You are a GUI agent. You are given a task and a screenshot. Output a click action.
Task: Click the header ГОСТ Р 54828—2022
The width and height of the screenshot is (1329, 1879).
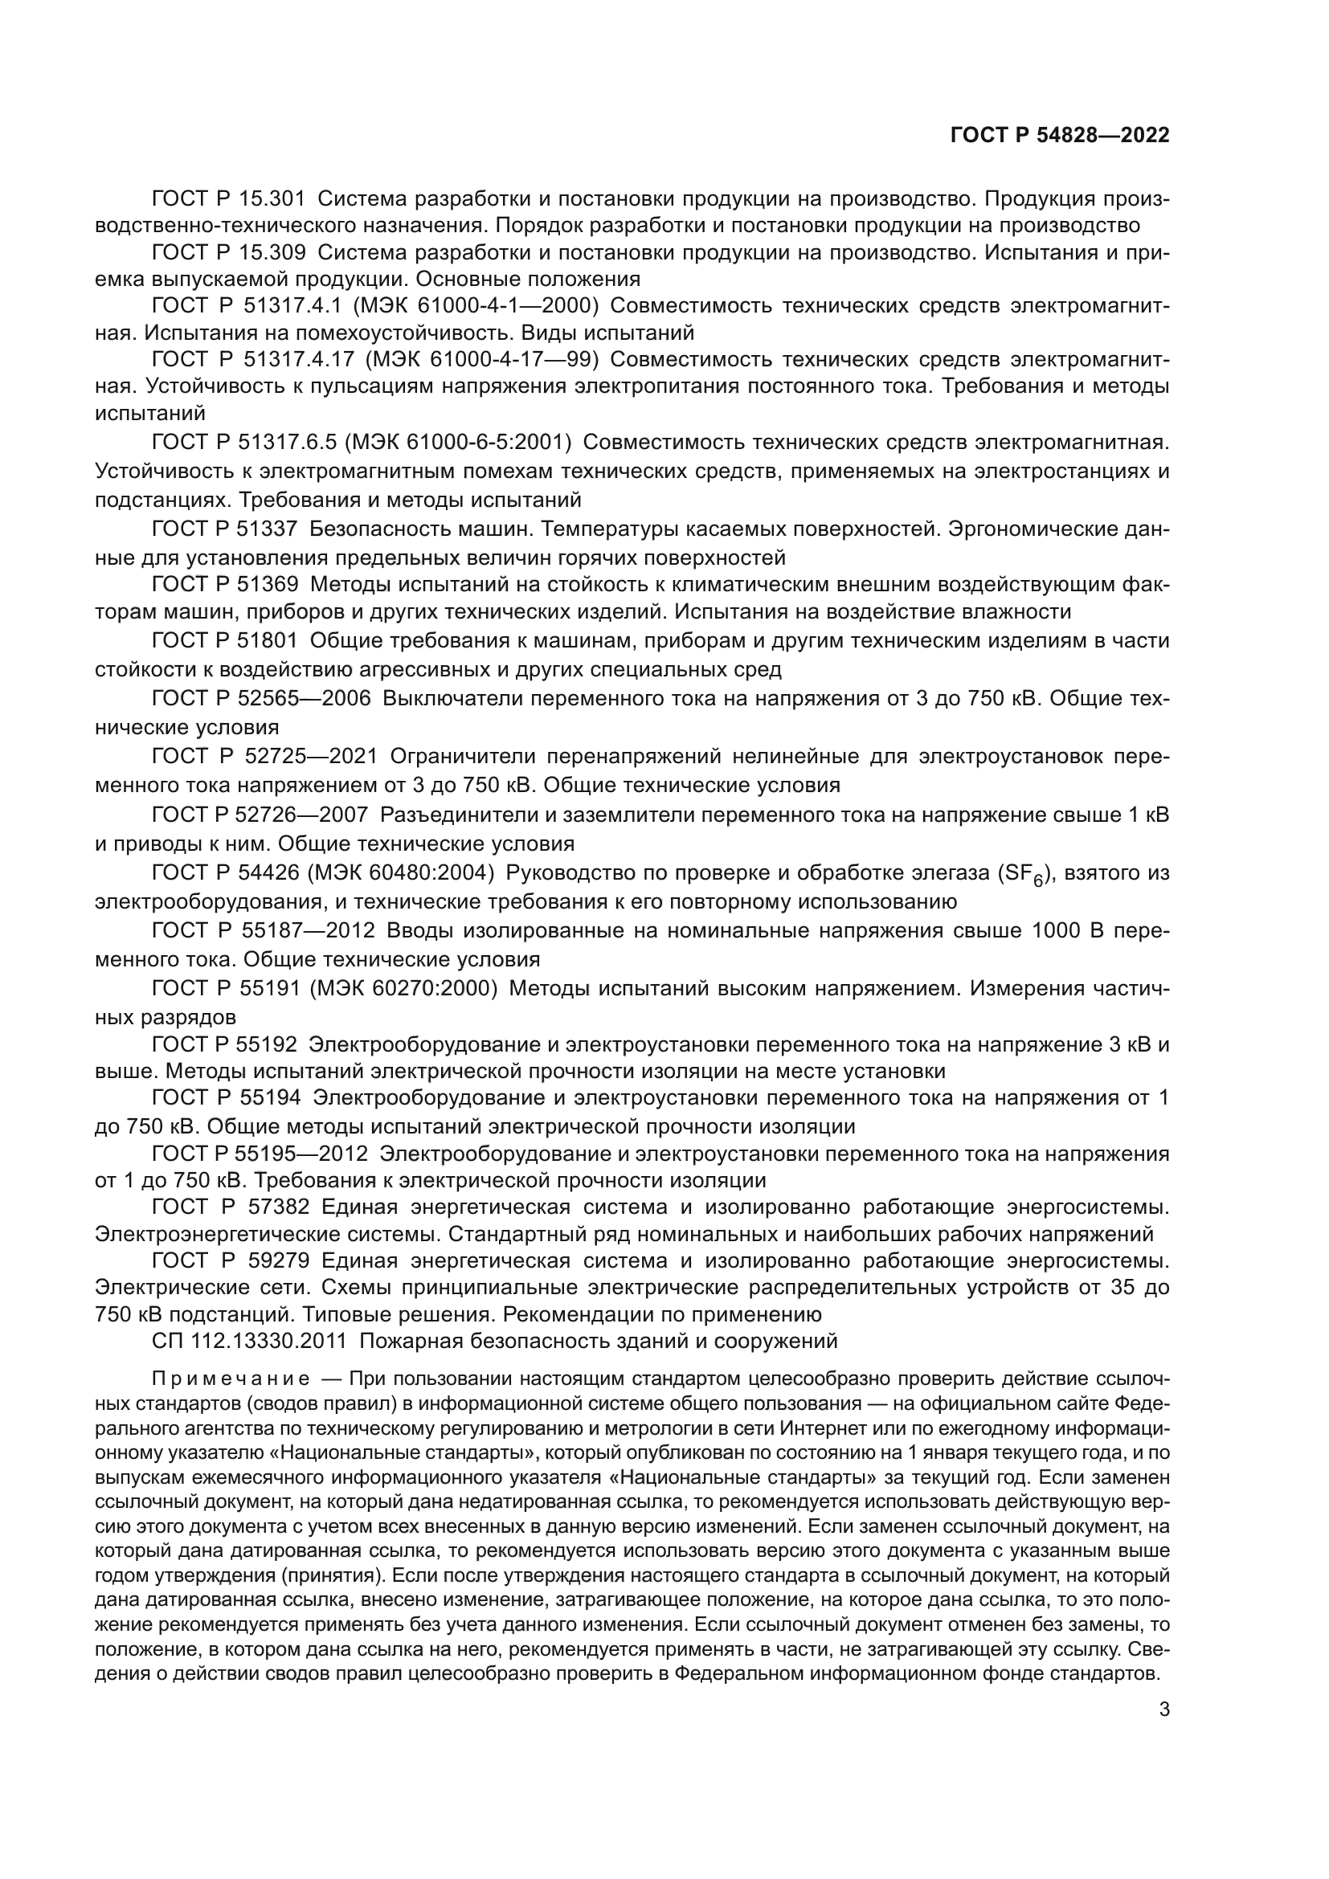click(1060, 136)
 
